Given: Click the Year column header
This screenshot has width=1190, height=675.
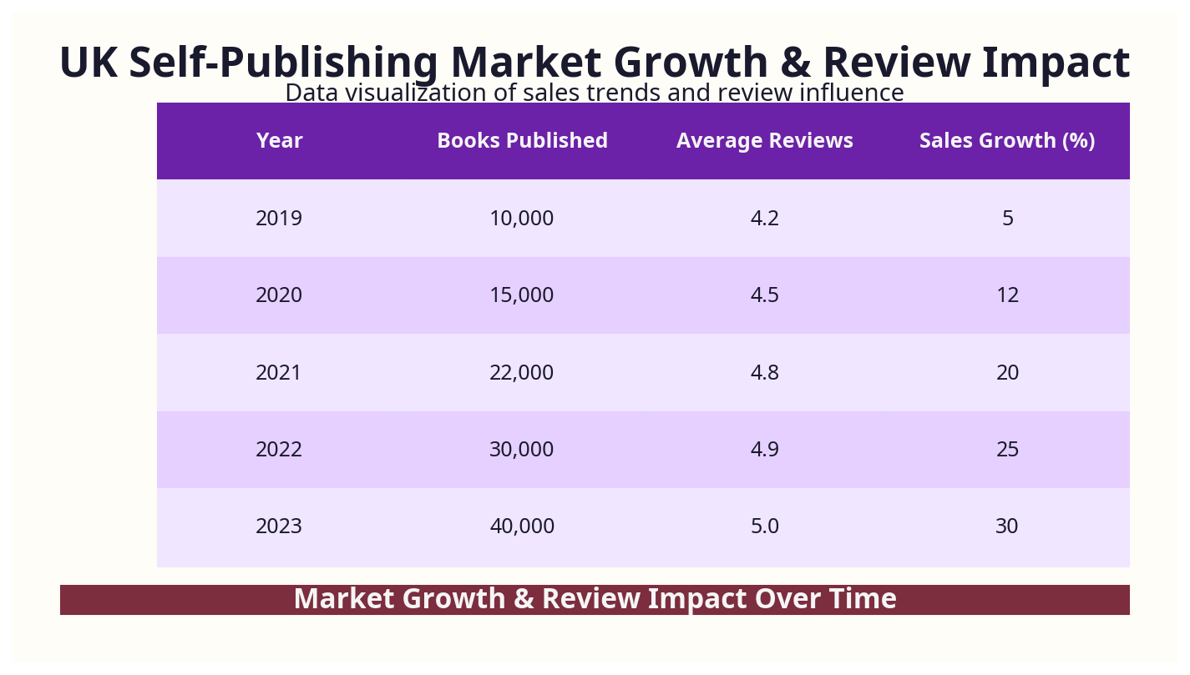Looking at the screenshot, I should [279, 141].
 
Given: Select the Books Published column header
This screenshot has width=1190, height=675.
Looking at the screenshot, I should [522, 141].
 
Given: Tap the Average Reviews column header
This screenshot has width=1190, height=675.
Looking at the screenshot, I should [764, 141].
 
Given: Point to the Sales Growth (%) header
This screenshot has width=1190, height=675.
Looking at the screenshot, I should [1007, 141].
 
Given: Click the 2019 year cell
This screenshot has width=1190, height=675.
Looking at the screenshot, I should [279, 219].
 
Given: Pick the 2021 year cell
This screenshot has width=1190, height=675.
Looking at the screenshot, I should [279, 373].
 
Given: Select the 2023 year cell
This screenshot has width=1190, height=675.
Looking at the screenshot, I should [279, 526].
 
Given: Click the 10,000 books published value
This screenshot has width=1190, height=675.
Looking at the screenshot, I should [522, 219].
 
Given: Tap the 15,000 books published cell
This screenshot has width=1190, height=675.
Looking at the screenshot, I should [522, 295].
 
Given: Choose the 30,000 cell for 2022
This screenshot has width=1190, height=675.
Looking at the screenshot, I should [522, 450].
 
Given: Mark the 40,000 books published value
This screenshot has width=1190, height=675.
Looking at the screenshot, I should [522, 526].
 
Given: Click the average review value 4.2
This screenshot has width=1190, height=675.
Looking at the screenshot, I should [764, 219].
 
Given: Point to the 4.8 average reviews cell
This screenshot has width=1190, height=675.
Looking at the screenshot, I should [764, 373].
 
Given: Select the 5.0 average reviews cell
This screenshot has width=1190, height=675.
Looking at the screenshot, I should [764, 526].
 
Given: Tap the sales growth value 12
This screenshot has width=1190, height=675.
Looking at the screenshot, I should [1007, 295].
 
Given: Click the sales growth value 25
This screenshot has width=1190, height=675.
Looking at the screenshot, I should [1007, 450].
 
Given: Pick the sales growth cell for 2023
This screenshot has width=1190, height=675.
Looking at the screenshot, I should [1007, 526].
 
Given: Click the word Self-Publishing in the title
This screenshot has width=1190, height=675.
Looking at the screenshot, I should [283, 63].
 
